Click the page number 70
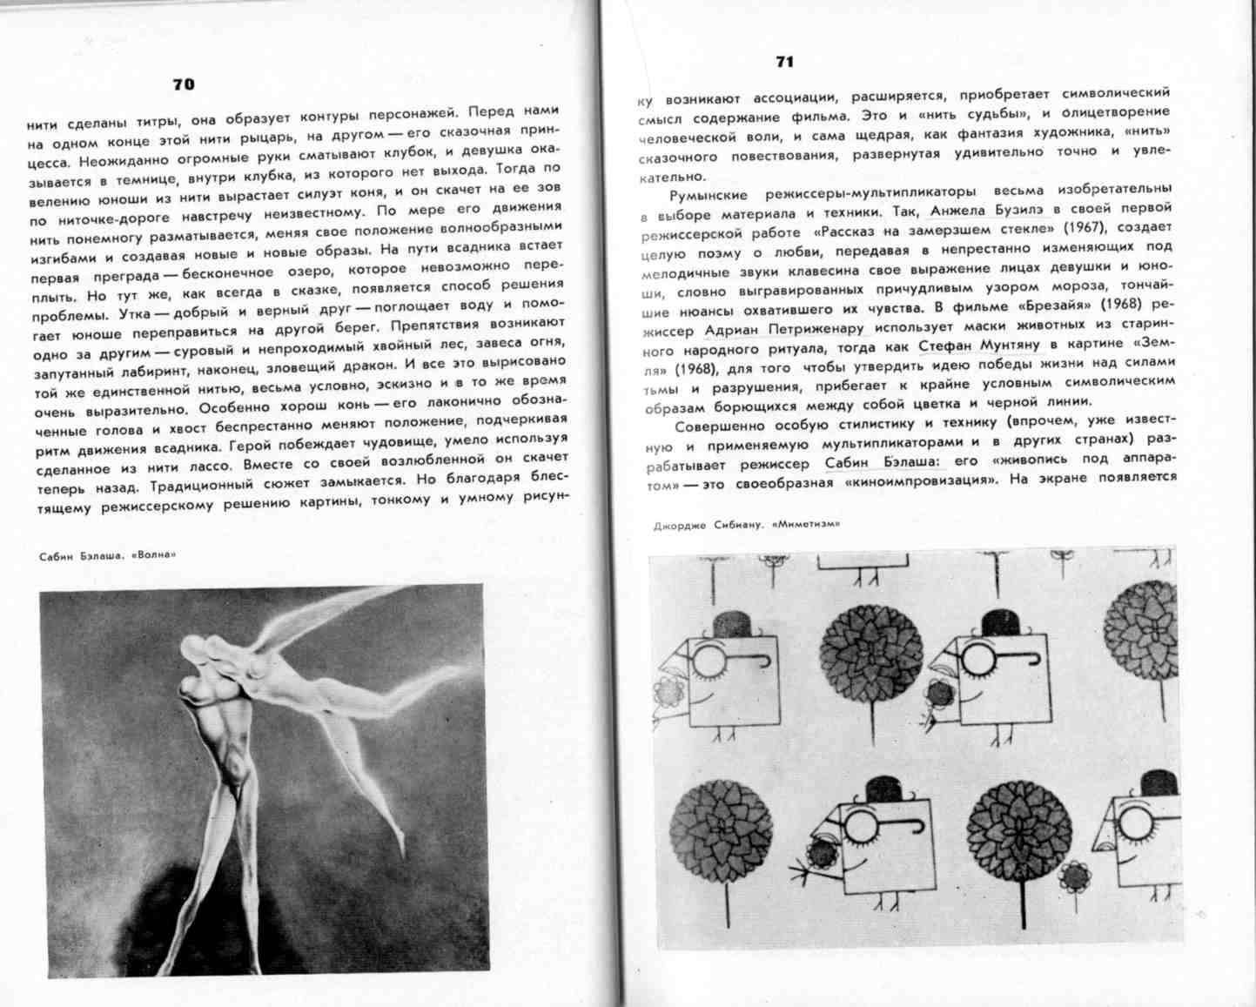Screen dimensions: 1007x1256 coord(184,84)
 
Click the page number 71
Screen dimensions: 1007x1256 coord(784,62)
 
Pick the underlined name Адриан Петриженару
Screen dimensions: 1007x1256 coord(784,329)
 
